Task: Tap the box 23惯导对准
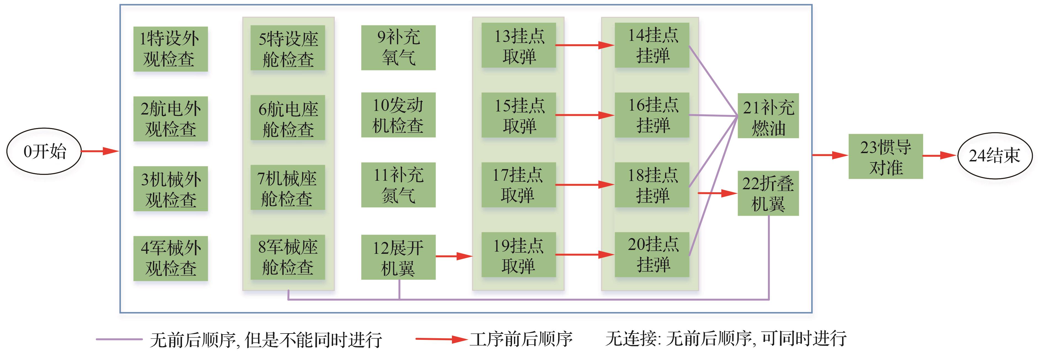pyautogui.click(x=885, y=156)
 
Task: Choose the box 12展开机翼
pyautogui.click(x=398, y=257)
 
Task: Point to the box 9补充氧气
pyautogui.click(x=398, y=48)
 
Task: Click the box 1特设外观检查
pyautogui.click(x=170, y=49)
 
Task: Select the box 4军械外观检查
pyautogui.click(x=170, y=258)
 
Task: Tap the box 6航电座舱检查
pyautogui.click(x=288, y=118)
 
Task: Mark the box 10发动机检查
pyautogui.click(x=398, y=115)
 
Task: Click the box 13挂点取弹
pyautogui.click(x=519, y=45)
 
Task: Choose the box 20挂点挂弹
pyautogui.click(x=652, y=255)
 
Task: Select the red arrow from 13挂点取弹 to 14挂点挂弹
pyautogui.click(x=585, y=45)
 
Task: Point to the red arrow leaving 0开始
pyautogui.click(x=100, y=151)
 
